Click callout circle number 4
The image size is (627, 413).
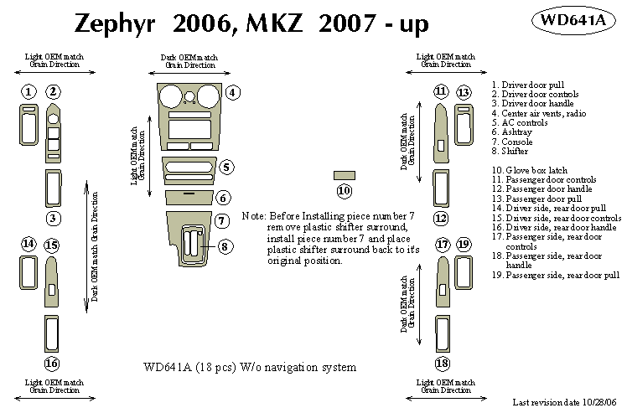coord(233,92)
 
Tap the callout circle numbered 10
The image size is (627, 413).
coord(344,190)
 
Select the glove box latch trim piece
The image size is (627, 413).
coord(344,175)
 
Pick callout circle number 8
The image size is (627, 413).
coord(225,246)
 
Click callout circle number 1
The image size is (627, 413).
coord(28,91)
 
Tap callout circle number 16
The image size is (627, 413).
coord(52,363)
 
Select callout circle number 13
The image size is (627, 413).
coord(464,91)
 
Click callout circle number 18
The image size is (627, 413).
coord(442,363)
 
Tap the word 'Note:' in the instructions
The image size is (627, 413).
coord(253,216)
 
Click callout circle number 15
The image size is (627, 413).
coord(52,245)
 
